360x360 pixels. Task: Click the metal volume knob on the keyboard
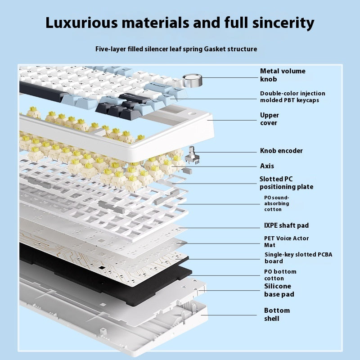coord(193,81)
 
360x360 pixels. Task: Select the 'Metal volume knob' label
coord(283,75)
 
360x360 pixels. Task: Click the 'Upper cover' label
coord(269,119)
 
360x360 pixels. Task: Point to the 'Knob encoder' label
coord(281,151)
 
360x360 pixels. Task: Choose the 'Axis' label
coord(267,166)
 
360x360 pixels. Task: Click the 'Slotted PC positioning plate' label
coord(286,183)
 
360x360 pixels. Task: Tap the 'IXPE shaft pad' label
coord(286,225)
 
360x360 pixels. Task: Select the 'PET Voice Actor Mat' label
coord(286,242)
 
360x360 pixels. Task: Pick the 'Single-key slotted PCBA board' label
coord(298,257)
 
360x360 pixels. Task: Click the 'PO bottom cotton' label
coord(280,275)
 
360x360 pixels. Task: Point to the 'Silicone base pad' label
coord(279,290)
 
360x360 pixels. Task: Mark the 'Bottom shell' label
coord(277,314)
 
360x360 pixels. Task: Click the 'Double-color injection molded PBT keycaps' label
coord(292,97)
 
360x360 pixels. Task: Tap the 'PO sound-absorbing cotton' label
coord(277,203)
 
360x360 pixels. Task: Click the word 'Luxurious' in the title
coord(81,23)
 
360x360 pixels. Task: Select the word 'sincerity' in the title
coord(283,23)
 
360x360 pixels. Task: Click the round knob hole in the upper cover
coord(192,114)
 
